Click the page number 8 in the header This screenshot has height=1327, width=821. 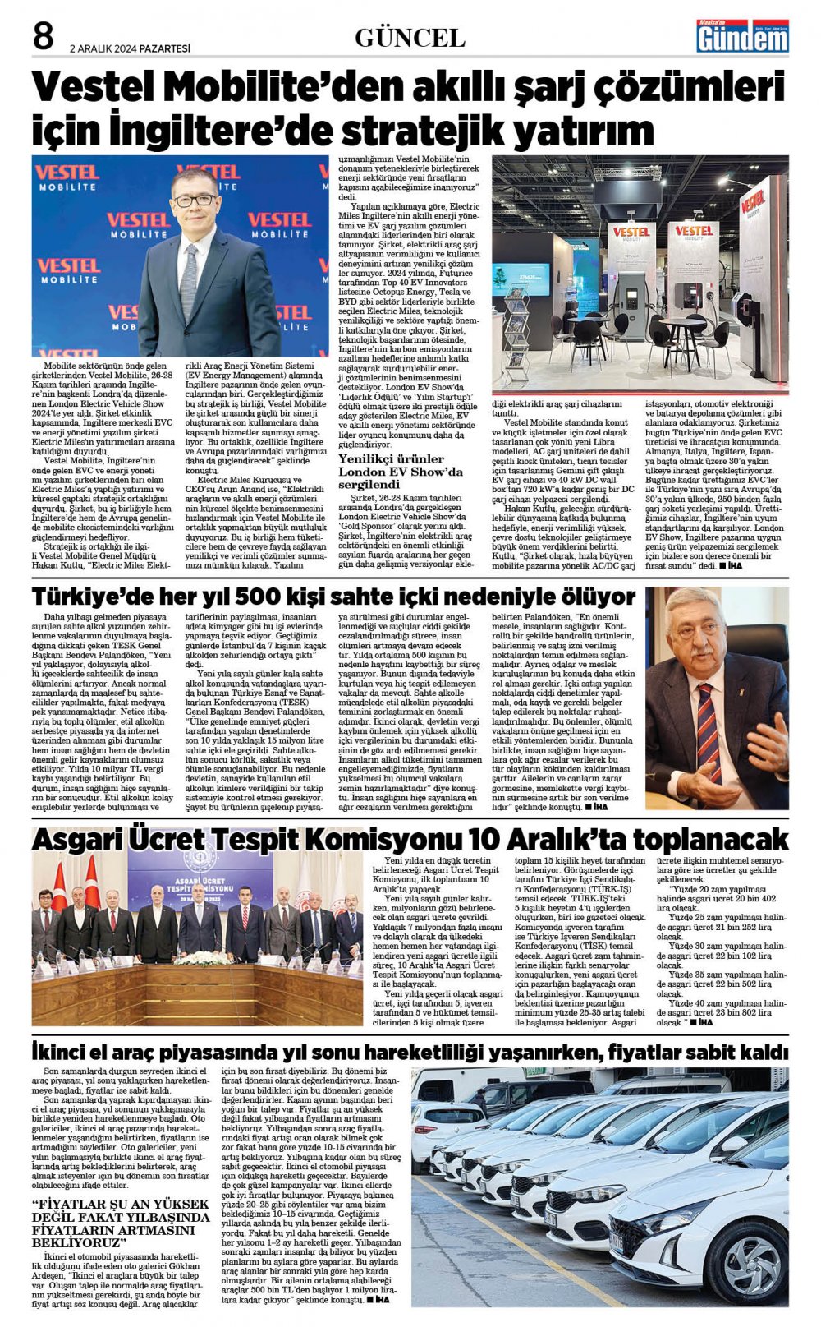click(44, 37)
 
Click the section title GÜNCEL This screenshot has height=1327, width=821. click(410, 38)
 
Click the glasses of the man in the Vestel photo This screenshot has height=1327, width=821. click(194, 200)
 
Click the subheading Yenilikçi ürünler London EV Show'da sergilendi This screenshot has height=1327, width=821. click(402, 472)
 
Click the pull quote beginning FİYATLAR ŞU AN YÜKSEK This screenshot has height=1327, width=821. click(121, 1223)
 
